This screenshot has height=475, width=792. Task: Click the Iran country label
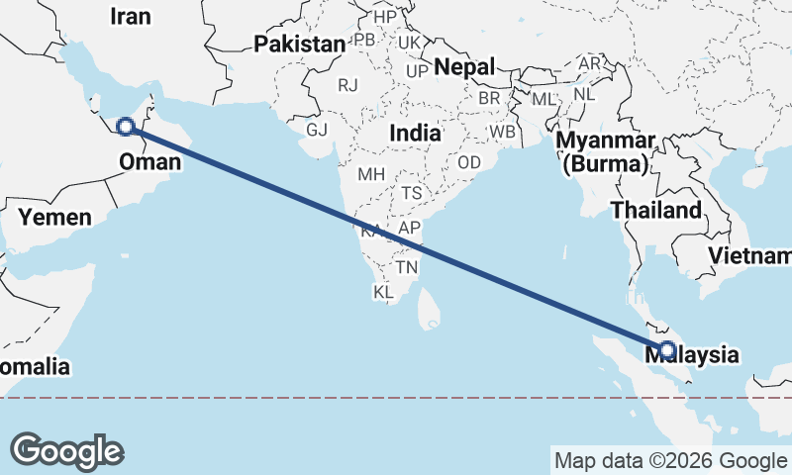[x=131, y=16]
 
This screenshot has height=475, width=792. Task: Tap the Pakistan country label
[x=299, y=44]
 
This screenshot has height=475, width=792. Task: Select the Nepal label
[x=464, y=67]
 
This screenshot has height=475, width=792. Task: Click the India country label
[x=416, y=133]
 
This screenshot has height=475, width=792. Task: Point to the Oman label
[x=149, y=161]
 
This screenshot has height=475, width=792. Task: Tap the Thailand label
[x=655, y=210]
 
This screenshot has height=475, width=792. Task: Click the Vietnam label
[x=749, y=256]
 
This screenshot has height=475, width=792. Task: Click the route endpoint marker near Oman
[x=126, y=127]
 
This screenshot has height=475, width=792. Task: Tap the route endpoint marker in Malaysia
[x=667, y=349]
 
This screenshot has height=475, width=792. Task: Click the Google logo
[x=66, y=451]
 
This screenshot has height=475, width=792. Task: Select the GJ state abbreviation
[x=317, y=130]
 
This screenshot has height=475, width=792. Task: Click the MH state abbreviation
[x=371, y=174]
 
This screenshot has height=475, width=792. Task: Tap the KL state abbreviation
[x=383, y=292]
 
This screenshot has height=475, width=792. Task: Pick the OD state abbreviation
[x=469, y=162]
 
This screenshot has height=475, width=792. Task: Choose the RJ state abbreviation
[x=347, y=85]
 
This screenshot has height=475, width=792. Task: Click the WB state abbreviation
[x=502, y=131]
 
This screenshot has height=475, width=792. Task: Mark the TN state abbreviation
[x=407, y=266]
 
